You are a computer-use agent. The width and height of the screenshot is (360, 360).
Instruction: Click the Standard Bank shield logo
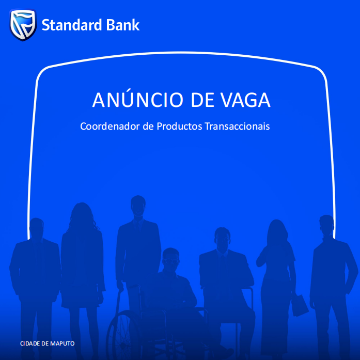(23, 25)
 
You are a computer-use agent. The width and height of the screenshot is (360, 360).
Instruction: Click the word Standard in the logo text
(72, 25)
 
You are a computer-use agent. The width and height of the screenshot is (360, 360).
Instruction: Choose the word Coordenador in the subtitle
(110, 126)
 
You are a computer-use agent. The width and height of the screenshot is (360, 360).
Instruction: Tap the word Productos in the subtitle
(179, 126)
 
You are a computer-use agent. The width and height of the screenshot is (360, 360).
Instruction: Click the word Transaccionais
(237, 126)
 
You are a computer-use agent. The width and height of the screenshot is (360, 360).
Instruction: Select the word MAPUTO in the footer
(62, 343)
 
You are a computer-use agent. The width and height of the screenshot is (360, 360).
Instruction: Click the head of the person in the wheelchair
(170, 259)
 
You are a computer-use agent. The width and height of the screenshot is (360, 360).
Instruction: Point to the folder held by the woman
(300, 305)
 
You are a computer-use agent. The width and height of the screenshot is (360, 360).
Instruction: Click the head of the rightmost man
(326, 226)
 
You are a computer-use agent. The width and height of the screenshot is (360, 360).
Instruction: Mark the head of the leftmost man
(37, 228)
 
